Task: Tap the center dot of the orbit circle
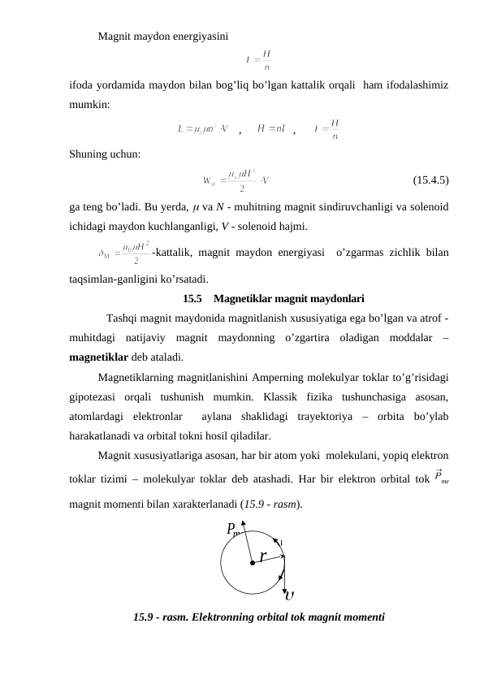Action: click(253, 561)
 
